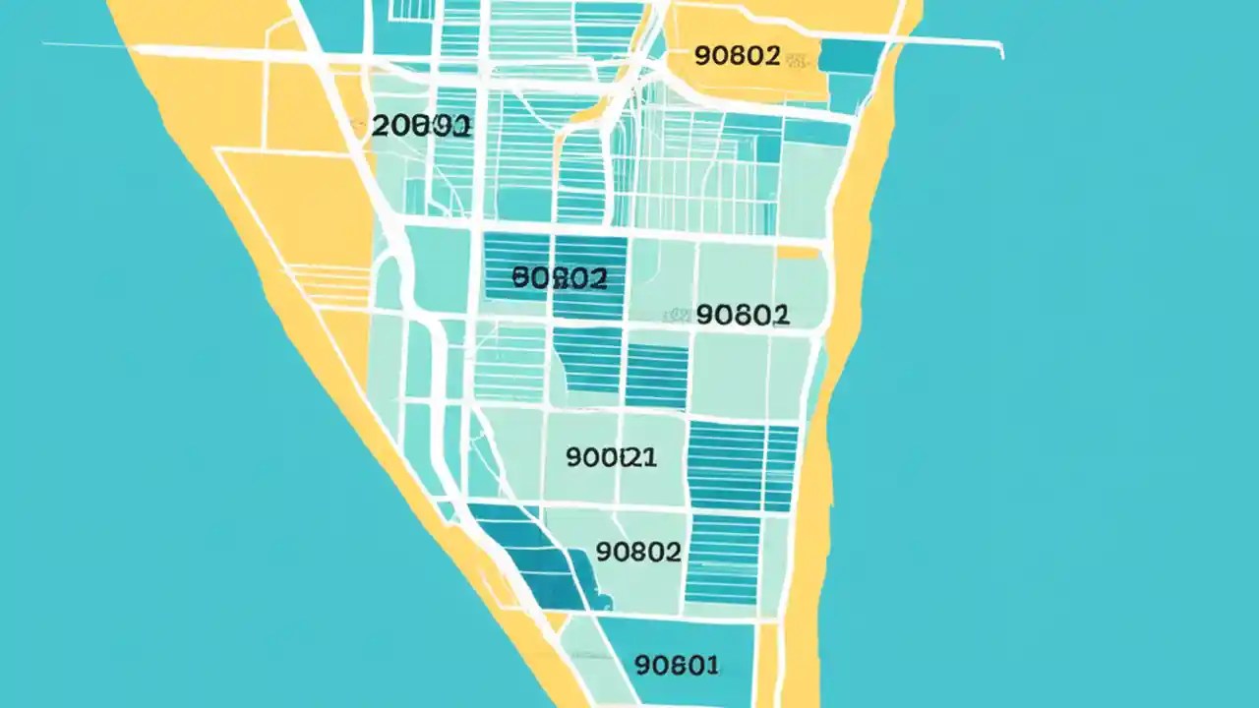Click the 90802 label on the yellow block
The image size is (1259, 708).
point(737,56)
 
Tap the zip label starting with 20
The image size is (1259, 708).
point(423,126)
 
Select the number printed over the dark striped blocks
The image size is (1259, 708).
point(560,278)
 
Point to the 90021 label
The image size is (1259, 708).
point(612,457)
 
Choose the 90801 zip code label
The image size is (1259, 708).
point(677,666)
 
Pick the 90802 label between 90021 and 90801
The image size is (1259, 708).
point(638,552)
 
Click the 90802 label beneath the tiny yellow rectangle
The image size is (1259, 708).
point(742,314)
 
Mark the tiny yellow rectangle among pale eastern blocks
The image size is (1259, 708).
point(798,253)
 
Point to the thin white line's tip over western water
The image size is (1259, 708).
point(45,44)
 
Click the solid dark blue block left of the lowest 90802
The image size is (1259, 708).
point(539,560)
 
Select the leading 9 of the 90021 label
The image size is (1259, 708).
point(573,457)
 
